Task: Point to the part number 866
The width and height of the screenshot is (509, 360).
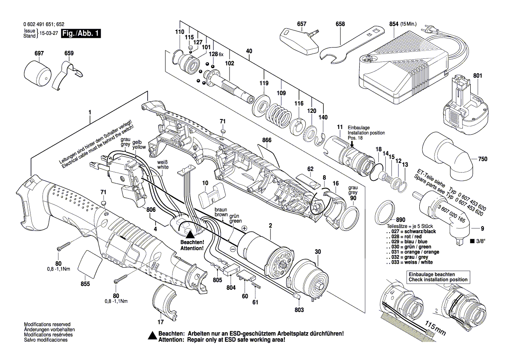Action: (x=267, y=140)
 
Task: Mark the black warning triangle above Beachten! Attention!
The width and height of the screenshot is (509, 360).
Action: (x=190, y=234)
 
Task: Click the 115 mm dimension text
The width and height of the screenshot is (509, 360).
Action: (x=436, y=329)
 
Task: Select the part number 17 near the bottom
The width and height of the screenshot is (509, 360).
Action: (x=161, y=323)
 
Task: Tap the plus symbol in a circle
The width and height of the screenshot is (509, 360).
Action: (x=244, y=228)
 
